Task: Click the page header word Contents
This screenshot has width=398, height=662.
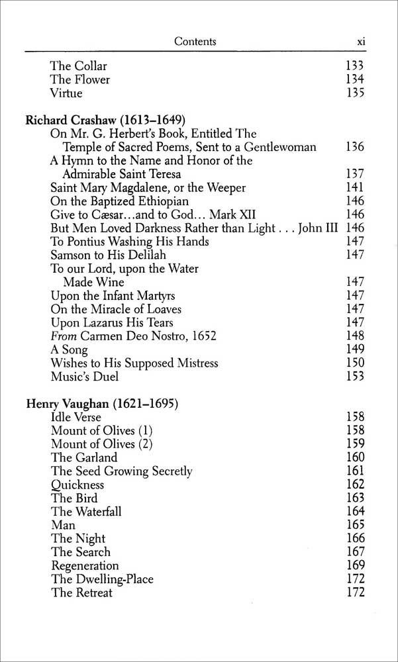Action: (x=195, y=42)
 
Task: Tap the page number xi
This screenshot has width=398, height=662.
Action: (x=361, y=42)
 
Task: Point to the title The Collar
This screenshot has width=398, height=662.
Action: (x=79, y=66)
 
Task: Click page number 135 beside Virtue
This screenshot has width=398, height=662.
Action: (x=355, y=93)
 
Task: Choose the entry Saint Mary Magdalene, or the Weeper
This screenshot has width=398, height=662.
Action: (x=148, y=188)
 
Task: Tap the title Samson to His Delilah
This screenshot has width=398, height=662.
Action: (x=108, y=255)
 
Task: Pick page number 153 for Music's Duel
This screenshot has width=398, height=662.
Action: (x=355, y=377)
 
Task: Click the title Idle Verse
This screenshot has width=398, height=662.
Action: (x=76, y=417)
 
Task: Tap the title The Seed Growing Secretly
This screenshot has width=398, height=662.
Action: (x=122, y=471)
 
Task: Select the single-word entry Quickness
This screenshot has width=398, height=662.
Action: (x=77, y=485)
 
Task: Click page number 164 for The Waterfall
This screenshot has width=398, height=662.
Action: (x=355, y=512)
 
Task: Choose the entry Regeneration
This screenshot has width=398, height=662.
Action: (x=85, y=566)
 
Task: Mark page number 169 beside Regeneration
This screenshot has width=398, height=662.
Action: (x=355, y=566)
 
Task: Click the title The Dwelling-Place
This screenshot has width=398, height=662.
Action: (x=102, y=579)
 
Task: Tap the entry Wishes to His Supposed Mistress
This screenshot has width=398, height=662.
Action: (x=134, y=363)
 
